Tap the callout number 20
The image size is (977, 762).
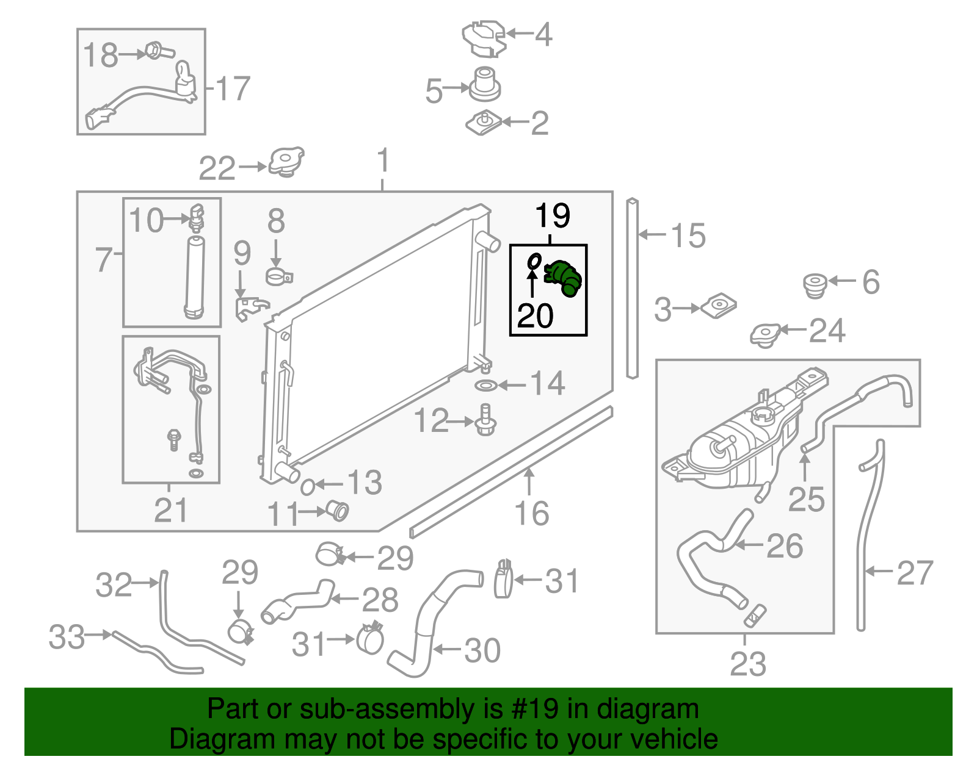click(x=535, y=315)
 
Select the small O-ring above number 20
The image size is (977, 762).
click(x=534, y=261)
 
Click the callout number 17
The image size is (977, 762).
click(x=233, y=88)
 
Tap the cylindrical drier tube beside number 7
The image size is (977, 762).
click(x=194, y=278)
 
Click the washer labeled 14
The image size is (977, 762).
click(x=486, y=386)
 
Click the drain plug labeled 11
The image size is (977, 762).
click(x=336, y=510)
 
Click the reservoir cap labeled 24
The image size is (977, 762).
click(x=766, y=334)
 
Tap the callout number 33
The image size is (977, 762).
click(x=67, y=637)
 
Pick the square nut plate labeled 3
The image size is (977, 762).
click(x=718, y=306)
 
